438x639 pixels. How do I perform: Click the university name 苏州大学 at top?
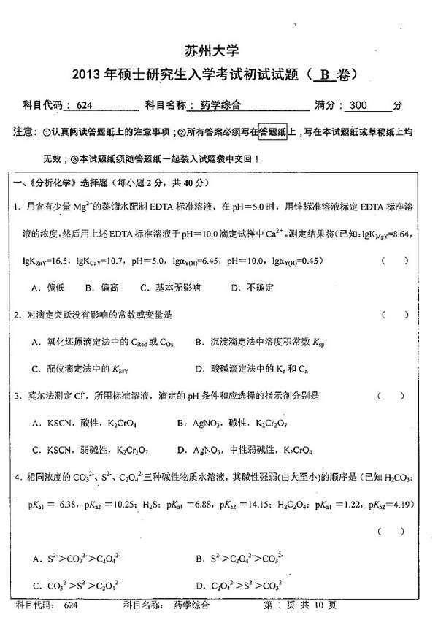point(219,51)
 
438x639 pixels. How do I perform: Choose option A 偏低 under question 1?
point(49,288)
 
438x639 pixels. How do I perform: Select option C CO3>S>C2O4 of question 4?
point(77,585)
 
